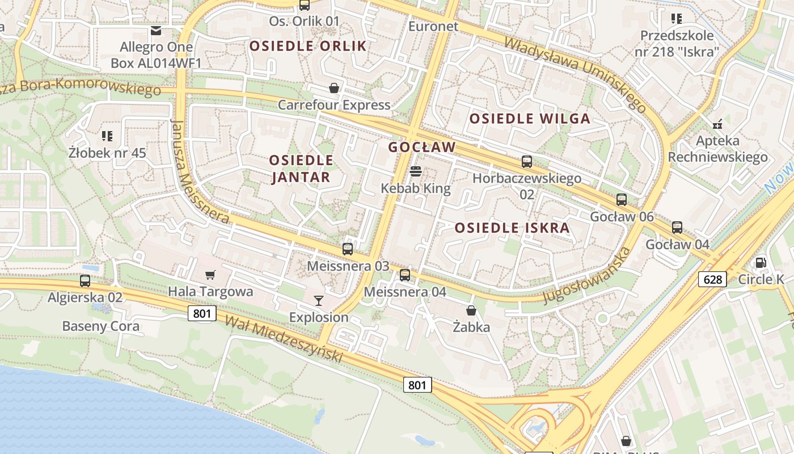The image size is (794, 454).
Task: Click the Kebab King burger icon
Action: click(416, 171)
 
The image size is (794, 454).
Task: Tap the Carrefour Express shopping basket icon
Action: click(334, 88)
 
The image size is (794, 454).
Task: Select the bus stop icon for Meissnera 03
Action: click(348, 249)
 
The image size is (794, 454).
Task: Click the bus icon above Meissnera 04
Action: click(404, 275)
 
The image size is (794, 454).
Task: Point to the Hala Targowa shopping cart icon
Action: click(210, 275)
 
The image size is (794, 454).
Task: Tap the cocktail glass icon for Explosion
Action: click(319, 300)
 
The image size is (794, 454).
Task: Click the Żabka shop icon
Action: click(471, 310)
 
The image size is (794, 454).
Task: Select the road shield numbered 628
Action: click(712, 279)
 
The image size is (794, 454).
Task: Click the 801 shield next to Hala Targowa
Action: click(202, 313)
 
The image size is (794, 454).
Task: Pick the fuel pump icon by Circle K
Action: click(760, 262)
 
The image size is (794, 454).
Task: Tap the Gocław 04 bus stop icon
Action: click(677, 228)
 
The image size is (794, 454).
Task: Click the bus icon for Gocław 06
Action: click(622, 200)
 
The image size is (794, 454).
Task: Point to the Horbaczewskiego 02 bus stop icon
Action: click(527, 162)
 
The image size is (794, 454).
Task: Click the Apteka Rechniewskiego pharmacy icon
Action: click(717, 123)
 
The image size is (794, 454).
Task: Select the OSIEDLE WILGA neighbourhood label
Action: click(530, 119)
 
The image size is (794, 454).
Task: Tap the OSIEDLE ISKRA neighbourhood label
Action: click(512, 228)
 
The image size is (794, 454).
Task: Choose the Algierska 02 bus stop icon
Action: click(85, 280)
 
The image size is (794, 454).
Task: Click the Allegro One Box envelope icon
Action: click(156, 30)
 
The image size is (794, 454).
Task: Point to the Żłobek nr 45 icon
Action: click(107, 136)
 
